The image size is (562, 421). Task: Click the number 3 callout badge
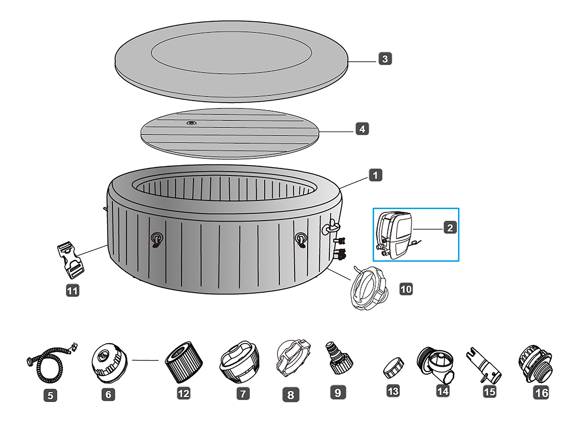coord(385,59)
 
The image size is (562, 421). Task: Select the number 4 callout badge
coord(362,129)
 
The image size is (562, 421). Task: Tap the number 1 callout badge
coord(375,175)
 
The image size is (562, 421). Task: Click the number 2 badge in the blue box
coord(450,228)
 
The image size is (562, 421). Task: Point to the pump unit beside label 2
coord(394,235)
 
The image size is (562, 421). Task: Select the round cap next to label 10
coord(369,288)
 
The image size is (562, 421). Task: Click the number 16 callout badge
coord(541,393)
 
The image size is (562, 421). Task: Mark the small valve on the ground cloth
coord(191,123)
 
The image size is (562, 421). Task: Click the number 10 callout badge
coord(406,289)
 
